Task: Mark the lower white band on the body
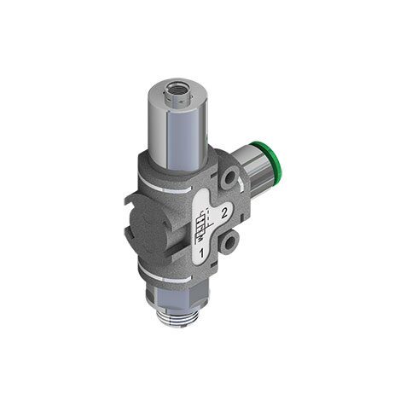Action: [167, 275]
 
